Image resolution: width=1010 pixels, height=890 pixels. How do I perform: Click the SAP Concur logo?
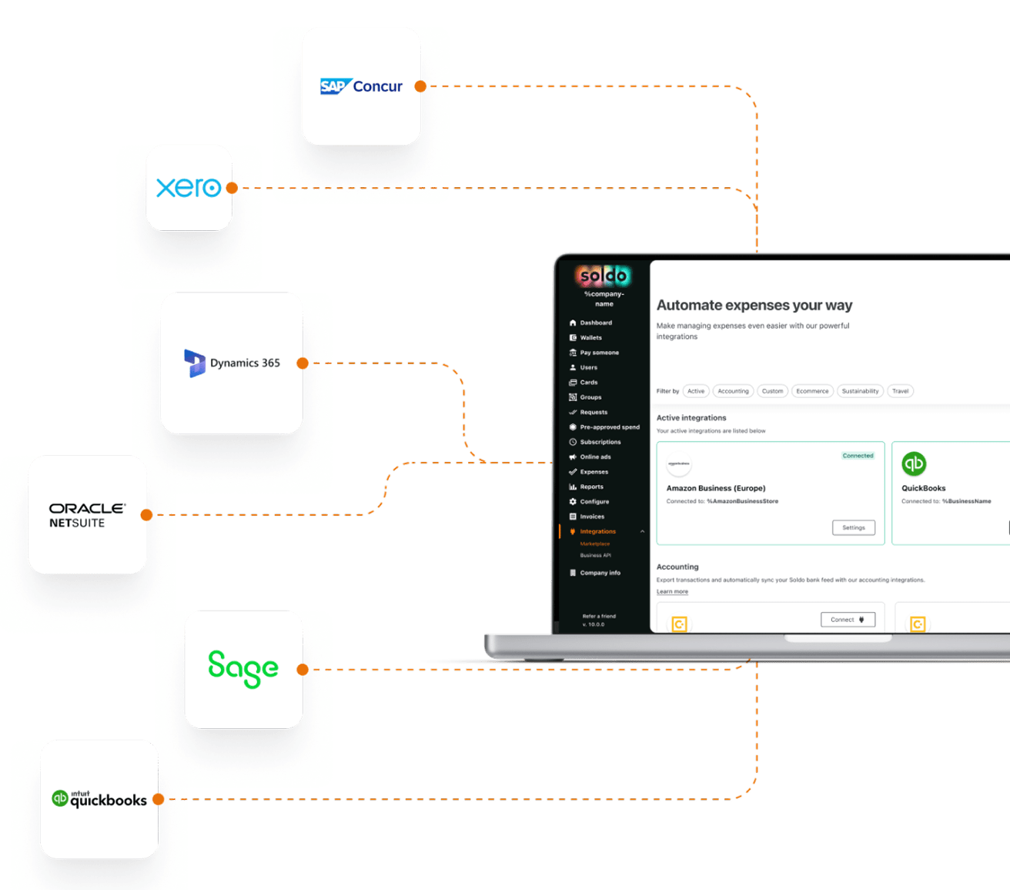(361, 86)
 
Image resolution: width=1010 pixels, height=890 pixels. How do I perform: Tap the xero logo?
(189, 187)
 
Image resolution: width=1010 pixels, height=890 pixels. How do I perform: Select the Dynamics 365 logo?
(232, 363)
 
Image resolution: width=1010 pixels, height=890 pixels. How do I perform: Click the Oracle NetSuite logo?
(87, 515)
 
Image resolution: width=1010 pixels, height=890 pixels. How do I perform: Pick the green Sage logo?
(243, 668)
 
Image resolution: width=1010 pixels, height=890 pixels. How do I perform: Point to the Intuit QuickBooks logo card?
(99, 799)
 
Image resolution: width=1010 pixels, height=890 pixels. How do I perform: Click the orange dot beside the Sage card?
(303, 669)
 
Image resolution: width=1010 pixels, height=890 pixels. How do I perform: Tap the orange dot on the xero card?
(232, 187)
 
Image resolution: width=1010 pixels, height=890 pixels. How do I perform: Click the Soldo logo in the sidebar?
(604, 276)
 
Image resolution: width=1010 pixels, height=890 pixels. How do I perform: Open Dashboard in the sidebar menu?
(596, 323)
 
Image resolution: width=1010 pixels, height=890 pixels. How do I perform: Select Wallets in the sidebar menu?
(590, 338)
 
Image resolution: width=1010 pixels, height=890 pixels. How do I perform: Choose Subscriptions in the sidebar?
(600, 442)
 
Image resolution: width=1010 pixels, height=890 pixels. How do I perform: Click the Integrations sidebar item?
(597, 531)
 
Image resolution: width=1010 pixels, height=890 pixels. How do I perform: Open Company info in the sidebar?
(600, 573)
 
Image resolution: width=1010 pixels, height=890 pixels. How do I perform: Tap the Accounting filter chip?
(733, 391)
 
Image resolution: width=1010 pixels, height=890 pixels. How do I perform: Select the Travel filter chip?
(900, 391)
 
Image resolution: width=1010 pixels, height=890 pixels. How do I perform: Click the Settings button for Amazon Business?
(853, 527)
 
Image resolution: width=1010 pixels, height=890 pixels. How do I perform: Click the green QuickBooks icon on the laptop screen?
(914, 463)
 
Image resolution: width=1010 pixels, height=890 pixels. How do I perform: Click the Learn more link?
(672, 591)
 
